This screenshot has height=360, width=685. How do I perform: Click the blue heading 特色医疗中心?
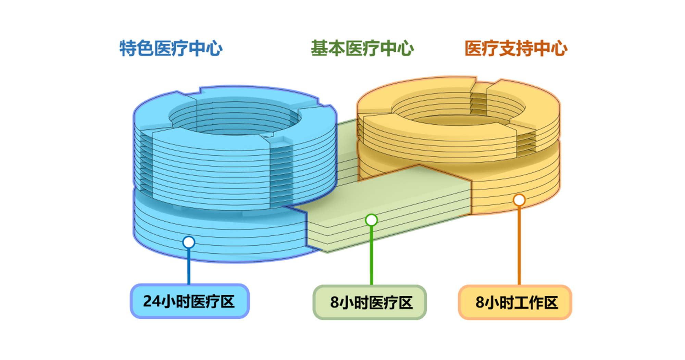click(x=171, y=48)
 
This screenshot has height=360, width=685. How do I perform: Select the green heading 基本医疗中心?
click(x=362, y=48)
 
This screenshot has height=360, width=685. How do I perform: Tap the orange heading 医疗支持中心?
click(x=516, y=48)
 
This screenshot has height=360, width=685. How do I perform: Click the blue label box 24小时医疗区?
click(x=189, y=301)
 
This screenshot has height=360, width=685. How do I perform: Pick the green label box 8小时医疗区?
click(x=370, y=302)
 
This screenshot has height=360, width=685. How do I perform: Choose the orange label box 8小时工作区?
click(x=515, y=302)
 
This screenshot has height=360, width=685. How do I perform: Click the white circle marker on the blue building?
click(x=189, y=242)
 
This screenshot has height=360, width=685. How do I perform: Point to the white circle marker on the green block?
click(x=371, y=220)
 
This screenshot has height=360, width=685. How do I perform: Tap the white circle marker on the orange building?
click(x=519, y=200)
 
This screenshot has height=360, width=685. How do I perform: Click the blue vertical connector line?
click(x=189, y=265)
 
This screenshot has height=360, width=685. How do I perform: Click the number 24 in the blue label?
click(x=152, y=301)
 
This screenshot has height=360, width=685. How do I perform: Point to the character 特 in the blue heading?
click(x=128, y=48)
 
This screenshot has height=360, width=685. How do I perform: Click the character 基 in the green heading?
click(x=319, y=48)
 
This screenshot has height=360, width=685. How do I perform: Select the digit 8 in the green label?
click(x=335, y=302)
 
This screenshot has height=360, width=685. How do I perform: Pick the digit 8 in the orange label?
click(x=480, y=302)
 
